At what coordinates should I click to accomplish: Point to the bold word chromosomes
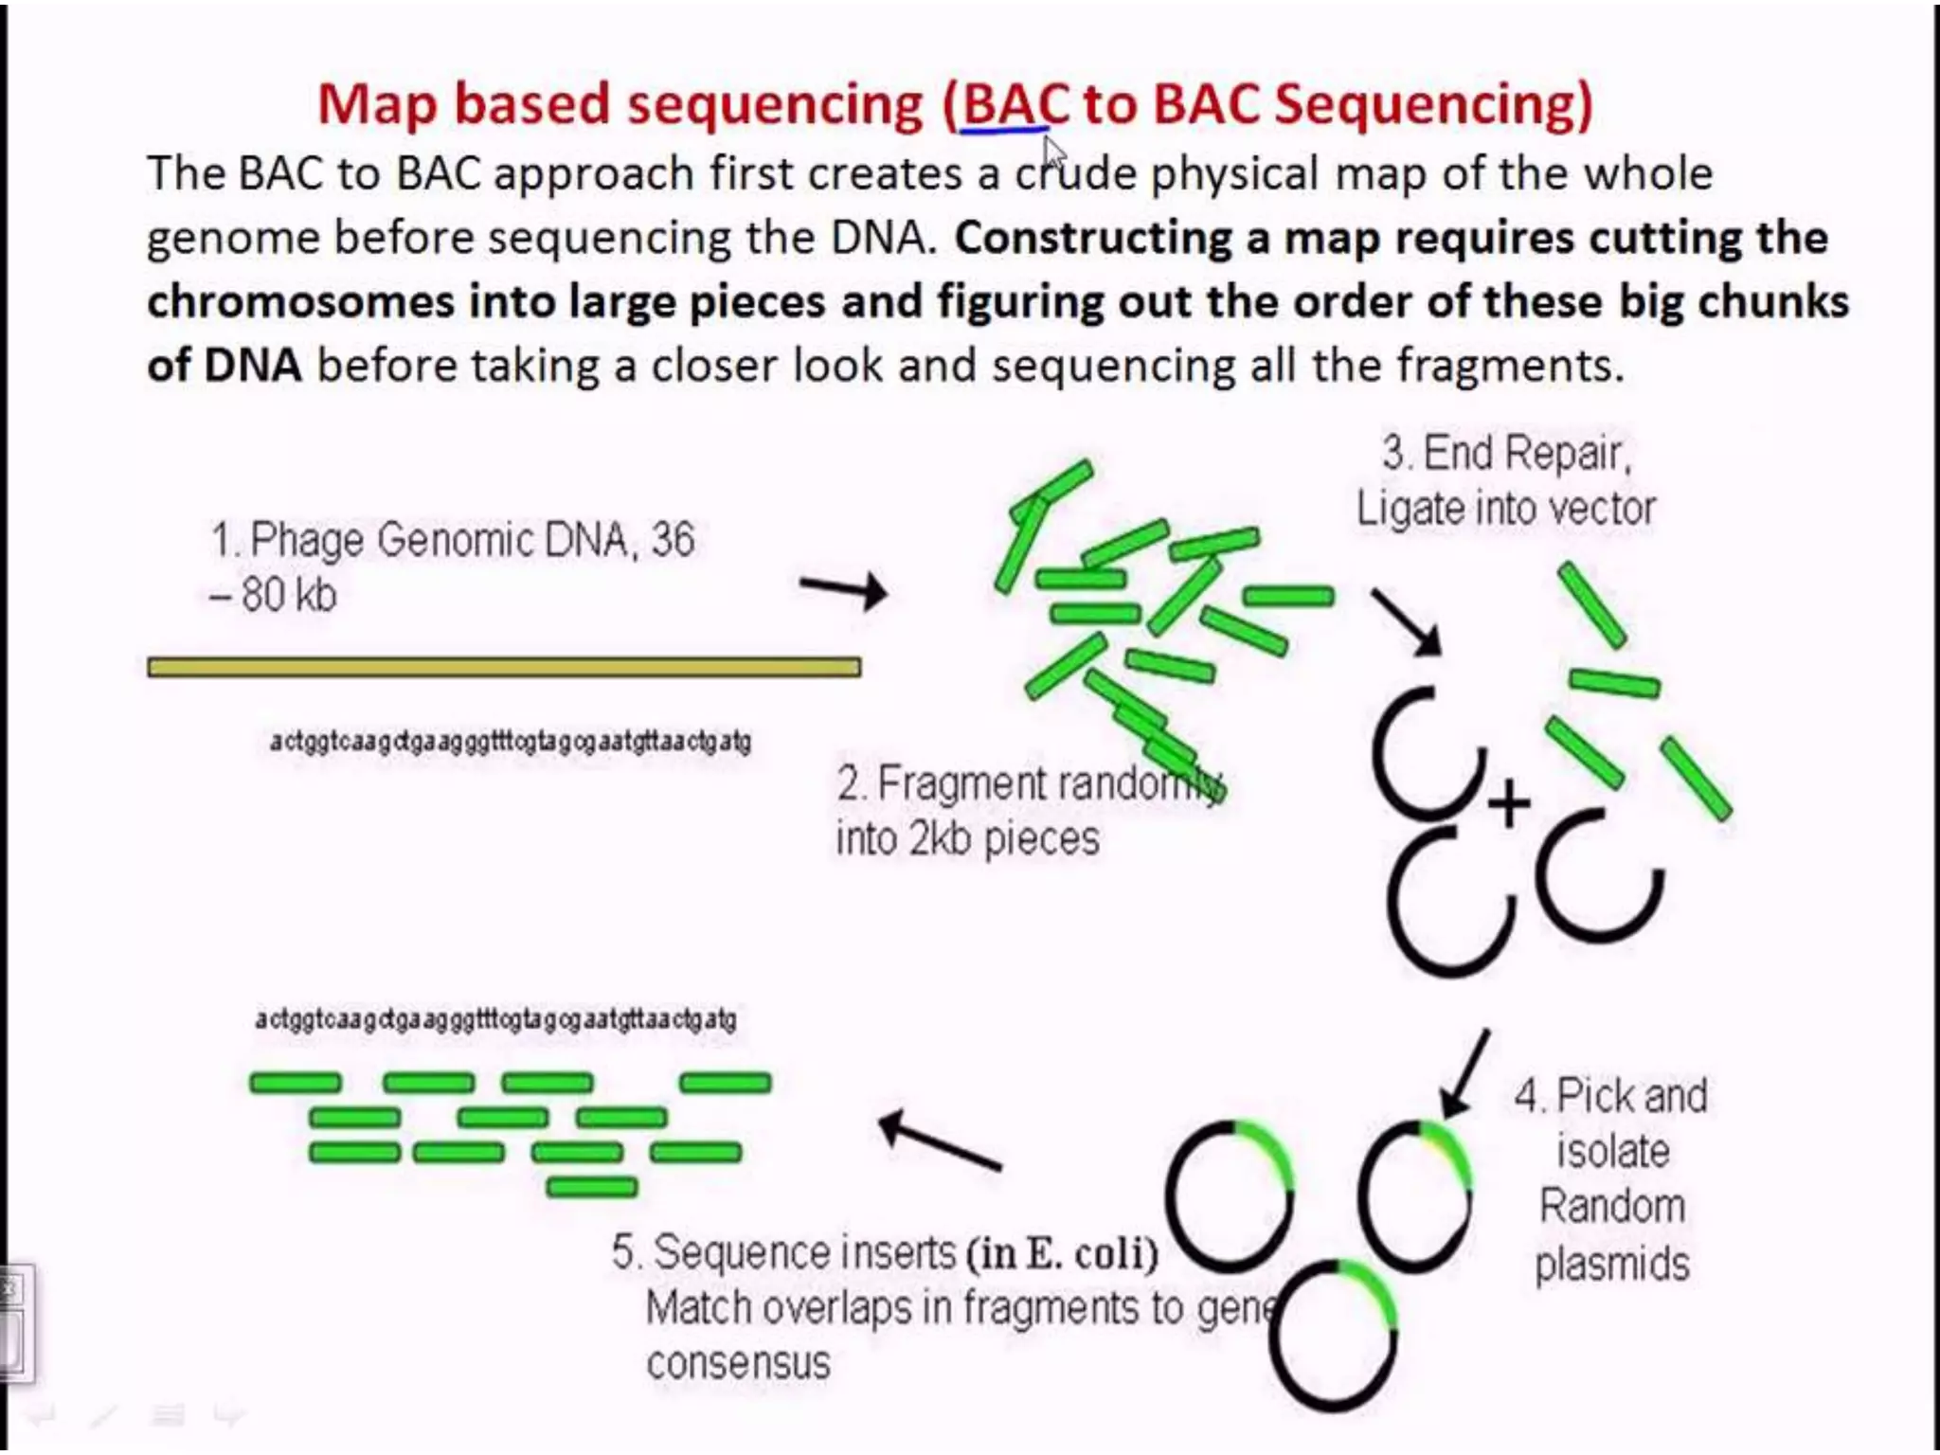coord(300,302)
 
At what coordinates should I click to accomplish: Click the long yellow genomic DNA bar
coord(504,667)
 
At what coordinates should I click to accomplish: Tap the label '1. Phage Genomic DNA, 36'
coord(453,540)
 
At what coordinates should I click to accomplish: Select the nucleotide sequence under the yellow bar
coord(511,741)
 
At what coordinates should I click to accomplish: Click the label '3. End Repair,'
coord(1506,453)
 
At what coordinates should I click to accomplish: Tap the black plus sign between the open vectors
coord(1508,804)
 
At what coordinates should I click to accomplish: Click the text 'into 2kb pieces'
coord(967,838)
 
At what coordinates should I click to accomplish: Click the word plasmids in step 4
coord(1612,1263)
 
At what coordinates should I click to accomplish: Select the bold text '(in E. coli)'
coord(1063,1253)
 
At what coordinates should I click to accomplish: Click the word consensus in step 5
coord(738,1363)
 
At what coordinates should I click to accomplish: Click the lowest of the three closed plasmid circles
coord(1334,1335)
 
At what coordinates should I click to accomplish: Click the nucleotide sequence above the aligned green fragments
coord(495,1019)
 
